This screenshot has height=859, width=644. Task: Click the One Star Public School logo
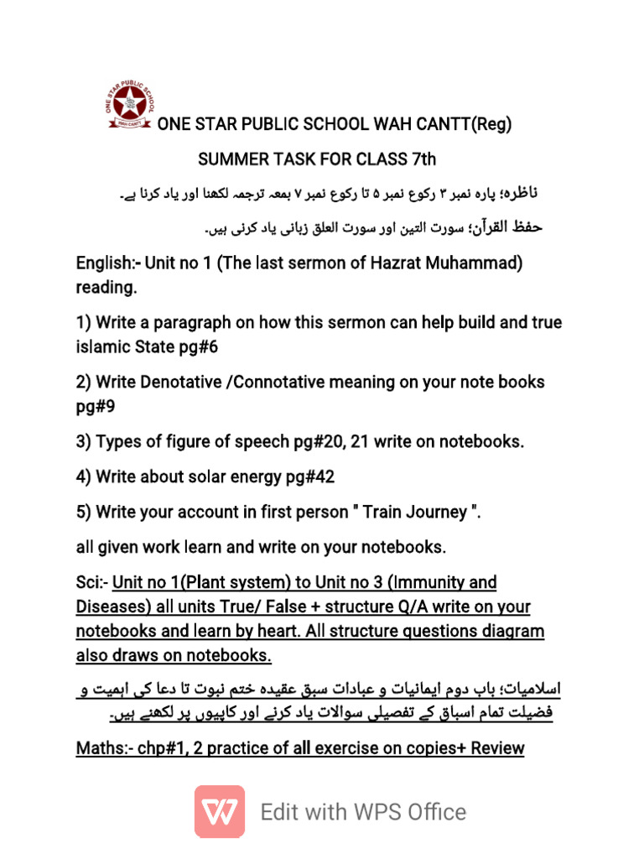[129, 107]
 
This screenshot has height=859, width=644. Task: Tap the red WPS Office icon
[220, 811]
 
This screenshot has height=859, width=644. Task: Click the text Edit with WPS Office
[363, 811]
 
